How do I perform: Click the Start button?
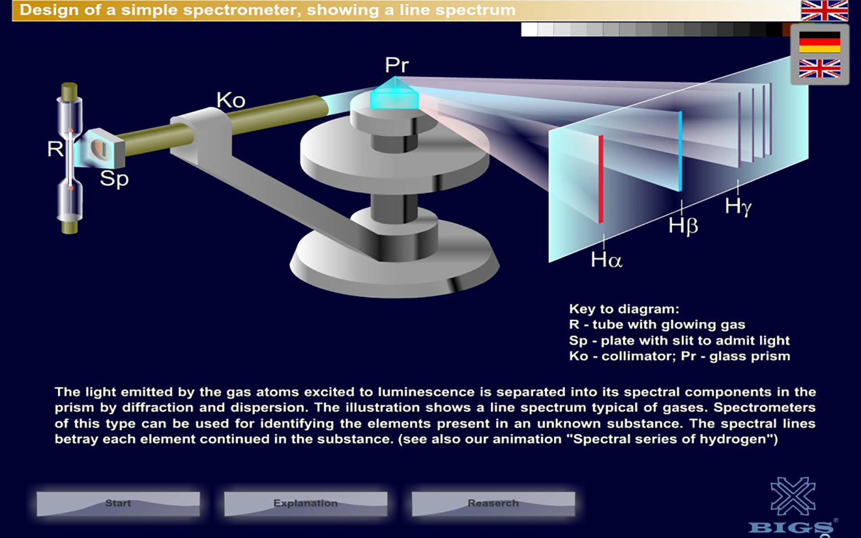point(118,503)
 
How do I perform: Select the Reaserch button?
point(493,503)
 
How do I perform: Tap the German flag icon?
point(819,42)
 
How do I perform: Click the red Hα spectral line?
point(601,179)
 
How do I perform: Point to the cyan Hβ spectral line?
point(680,152)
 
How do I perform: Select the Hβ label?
point(683,226)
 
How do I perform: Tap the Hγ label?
point(738,207)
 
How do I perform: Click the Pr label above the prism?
point(396,65)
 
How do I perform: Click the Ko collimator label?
point(231,100)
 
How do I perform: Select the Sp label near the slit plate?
point(114,179)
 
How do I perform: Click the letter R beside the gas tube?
point(55,149)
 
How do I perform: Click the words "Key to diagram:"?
point(624,309)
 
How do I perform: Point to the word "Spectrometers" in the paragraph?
point(764,408)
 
